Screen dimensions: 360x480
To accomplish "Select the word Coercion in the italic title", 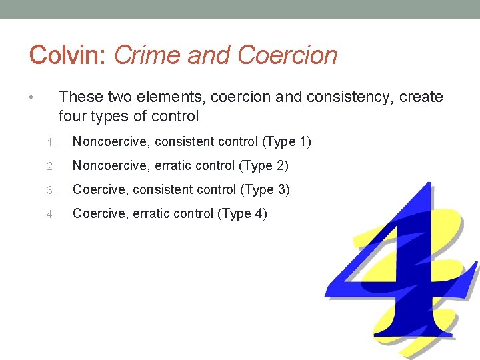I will pos(287,55).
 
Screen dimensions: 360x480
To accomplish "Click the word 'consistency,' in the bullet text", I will pos(352,97).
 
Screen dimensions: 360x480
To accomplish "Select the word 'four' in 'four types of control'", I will pos(71,117).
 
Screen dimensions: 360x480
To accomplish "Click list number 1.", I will pos(51,143).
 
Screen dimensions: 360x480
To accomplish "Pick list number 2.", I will pos(51,166).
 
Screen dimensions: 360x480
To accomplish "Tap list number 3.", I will pos(51,190).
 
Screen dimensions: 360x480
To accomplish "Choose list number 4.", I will pos(51,215).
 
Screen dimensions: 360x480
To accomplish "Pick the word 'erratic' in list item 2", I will pos(175,165).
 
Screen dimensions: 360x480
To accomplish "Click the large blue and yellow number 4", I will pos(400,267).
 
